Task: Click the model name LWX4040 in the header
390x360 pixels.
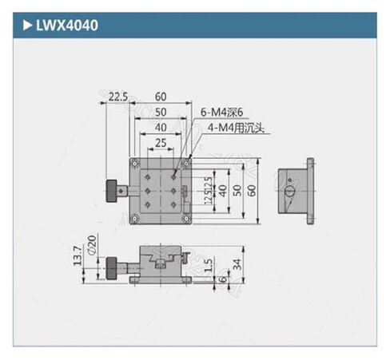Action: (x=66, y=26)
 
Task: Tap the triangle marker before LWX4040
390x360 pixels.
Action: (x=26, y=26)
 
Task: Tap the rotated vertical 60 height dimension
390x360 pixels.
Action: (x=253, y=190)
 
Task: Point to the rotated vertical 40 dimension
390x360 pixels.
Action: (x=223, y=190)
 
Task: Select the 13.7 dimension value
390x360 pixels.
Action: (x=77, y=255)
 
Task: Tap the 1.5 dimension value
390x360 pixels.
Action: (x=209, y=264)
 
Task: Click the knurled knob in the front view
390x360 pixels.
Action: (x=109, y=265)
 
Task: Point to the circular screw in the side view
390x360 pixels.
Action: (x=290, y=192)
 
